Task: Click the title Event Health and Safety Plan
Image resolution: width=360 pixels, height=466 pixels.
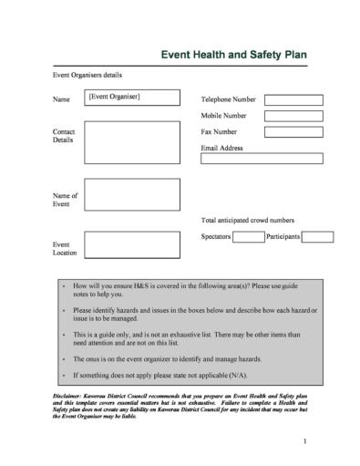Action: tap(233, 55)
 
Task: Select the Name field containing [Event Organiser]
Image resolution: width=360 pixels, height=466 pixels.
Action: tap(131, 97)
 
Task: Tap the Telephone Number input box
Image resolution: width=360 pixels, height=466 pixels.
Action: tap(293, 98)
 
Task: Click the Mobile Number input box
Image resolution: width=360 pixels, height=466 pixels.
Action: tap(293, 116)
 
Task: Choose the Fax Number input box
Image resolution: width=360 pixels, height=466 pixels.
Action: tap(293, 132)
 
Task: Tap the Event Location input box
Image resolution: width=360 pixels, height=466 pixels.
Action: tap(131, 245)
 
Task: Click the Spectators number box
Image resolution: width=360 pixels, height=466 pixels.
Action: tap(248, 237)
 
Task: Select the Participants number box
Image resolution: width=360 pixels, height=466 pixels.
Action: tap(317, 237)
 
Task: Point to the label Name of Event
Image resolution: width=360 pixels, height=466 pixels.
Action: tap(66, 200)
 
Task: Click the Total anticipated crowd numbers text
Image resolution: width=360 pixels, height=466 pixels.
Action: tap(247, 220)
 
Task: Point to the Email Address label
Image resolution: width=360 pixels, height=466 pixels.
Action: tap(221, 148)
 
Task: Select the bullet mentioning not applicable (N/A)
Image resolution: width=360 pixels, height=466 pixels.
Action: tap(159, 375)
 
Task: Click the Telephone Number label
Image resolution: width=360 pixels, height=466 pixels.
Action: tap(228, 98)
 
